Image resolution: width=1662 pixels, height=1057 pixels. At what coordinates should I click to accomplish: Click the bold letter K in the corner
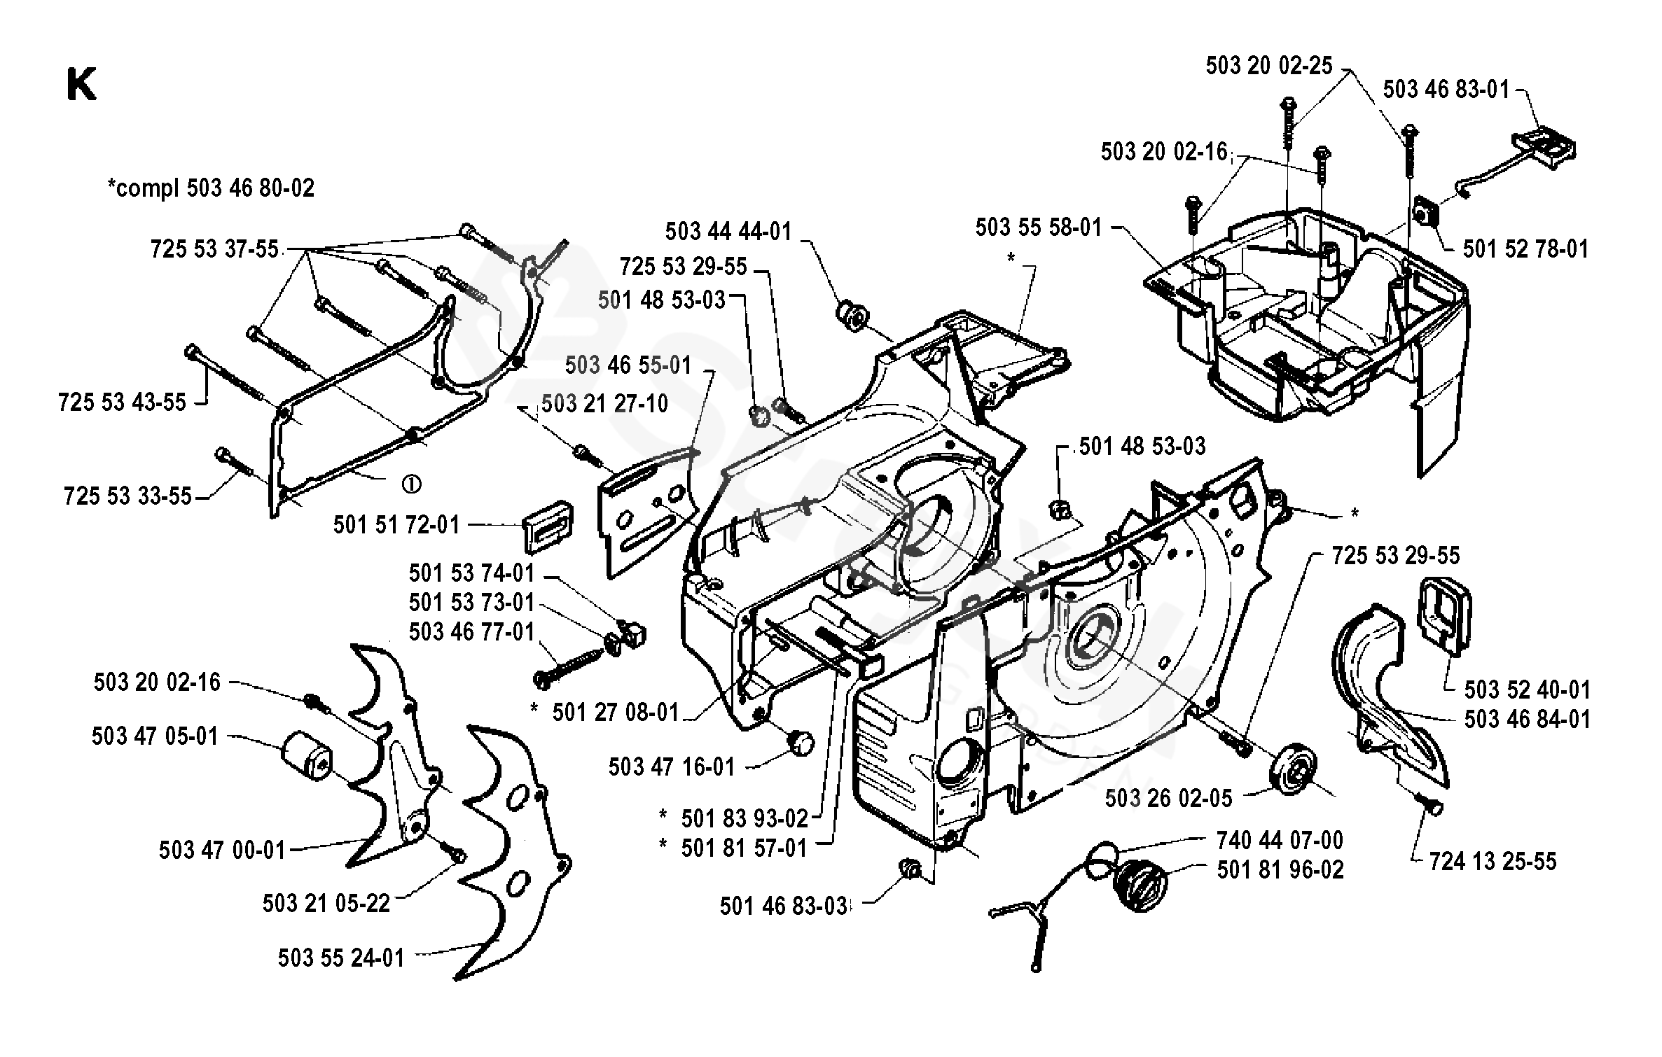pos(81,86)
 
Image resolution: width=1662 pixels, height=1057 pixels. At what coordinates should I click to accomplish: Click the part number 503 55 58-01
pos(1039,227)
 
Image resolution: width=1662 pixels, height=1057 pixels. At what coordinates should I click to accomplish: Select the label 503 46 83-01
pos(1446,90)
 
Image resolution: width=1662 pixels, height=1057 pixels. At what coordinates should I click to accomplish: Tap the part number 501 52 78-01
pos(1525,249)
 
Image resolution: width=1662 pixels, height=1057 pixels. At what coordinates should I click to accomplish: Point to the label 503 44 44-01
pos(728,232)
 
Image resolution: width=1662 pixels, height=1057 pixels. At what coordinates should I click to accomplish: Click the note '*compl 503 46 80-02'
pos(211,188)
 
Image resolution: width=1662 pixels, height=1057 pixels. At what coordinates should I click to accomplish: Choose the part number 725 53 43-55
pos(123,402)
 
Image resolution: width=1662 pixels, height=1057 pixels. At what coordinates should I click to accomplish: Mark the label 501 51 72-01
pos(396,525)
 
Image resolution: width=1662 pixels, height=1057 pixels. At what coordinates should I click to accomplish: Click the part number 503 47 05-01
pos(155,736)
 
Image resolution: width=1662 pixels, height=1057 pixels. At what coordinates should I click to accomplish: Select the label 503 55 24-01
pos(341,958)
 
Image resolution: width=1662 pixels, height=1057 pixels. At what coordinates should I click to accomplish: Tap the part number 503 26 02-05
pos(1168,799)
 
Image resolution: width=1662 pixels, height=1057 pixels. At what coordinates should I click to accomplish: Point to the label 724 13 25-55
pos(1493,862)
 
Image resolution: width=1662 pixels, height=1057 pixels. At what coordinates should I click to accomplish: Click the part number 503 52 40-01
pos(1527,689)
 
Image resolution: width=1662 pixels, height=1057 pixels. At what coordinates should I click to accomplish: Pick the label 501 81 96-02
pos(1280,870)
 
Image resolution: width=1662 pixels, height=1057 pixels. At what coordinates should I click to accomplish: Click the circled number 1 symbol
pos(411,484)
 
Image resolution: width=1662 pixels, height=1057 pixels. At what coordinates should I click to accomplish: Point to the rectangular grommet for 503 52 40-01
pos(1444,617)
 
